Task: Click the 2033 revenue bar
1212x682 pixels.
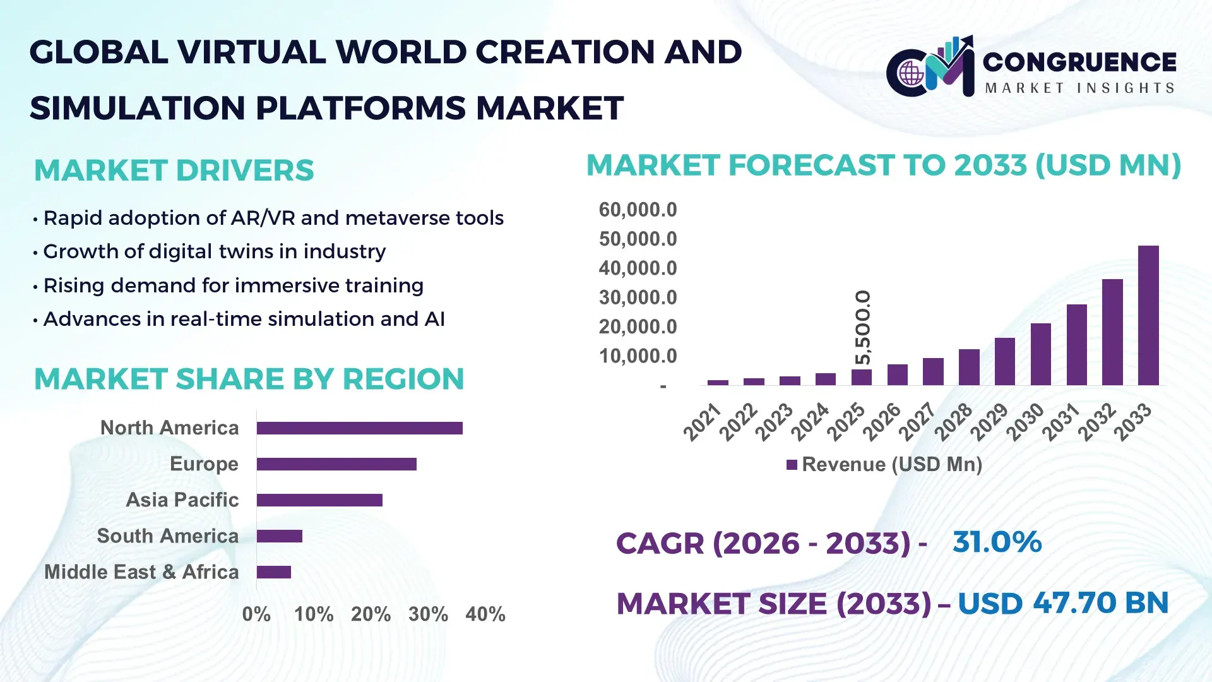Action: (x=1148, y=315)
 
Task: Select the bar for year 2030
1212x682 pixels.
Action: (x=1040, y=354)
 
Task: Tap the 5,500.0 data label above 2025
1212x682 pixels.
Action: (x=862, y=327)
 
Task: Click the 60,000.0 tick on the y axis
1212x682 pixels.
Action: (x=638, y=210)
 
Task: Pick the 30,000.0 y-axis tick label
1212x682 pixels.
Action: (x=638, y=297)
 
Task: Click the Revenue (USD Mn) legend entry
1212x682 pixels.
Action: (x=884, y=465)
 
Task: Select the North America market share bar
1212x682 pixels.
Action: (x=359, y=428)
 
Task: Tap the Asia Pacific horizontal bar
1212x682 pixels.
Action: (x=319, y=500)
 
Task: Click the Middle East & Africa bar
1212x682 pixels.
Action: (x=273, y=572)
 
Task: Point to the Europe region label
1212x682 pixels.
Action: (x=204, y=464)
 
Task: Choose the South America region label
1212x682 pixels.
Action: (x=168, y=536)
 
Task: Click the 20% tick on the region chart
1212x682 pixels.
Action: (x=371, y=614)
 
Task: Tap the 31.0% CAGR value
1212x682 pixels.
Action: (x=997, y=542)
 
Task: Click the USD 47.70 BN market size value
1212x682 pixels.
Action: (x=1063, y=603)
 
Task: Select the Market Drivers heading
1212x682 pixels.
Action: (x=174, y=170)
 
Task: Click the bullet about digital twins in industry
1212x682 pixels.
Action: (x=214, y=251)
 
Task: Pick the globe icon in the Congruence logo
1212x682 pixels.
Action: (x=911, y=74)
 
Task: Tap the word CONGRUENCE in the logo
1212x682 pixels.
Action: (x=1079, y=62)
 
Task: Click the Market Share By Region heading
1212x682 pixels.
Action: (x=249, y=380)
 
